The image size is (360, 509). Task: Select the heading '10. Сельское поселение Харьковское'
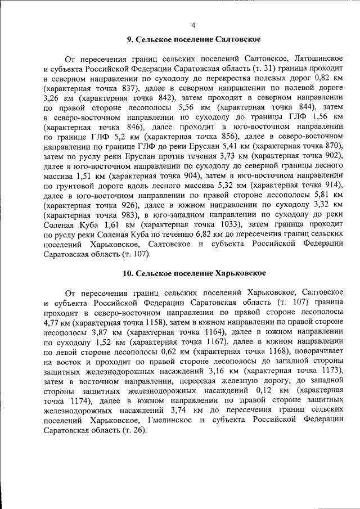[x=194, y=273]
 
